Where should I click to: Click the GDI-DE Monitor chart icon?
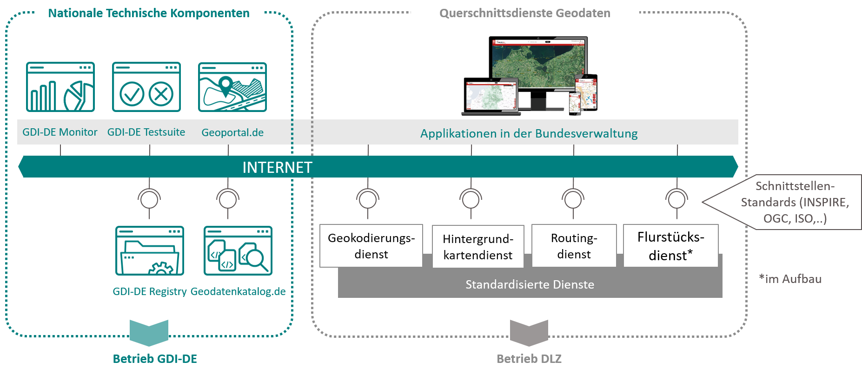pyautogui.click(x=60, y=87)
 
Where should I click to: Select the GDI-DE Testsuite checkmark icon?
pyautogui.click(x=146, y=87)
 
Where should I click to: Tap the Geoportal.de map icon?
pyautogui.click(x=232, y=87)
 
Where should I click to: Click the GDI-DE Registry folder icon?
pyautogui.click(x=150, y=251)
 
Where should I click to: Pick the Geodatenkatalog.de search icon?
pyautogui.click(x=238, y=251)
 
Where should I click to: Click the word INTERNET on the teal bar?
pyautogui.click(x=277, y=167)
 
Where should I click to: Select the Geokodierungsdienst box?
pyautogui.click(x=371, y=246)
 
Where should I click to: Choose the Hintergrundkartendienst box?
pyautogui.click(x=478, y=247)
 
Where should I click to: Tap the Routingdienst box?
pyautogui.click(x=574, y=246)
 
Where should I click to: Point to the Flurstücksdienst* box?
pyautogui.click(x=670, y=246)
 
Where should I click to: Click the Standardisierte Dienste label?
pyautogui.click(x=530, y=284)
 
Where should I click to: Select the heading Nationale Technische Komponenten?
pyautogui.click(x=149, y=13)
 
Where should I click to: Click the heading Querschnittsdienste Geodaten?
pyautogui.click(x=524, y=13)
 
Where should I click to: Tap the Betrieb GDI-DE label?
pyautogui.click(x=155, y=359)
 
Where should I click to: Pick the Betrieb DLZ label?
pyautogui.click(x=529, y=359)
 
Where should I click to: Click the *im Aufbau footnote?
pyautogui.click(x=790, y=279)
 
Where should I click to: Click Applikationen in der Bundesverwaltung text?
pyautogui.click(x=529, y=133)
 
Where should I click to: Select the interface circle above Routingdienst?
pyautogui.click(x=573, y=199)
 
